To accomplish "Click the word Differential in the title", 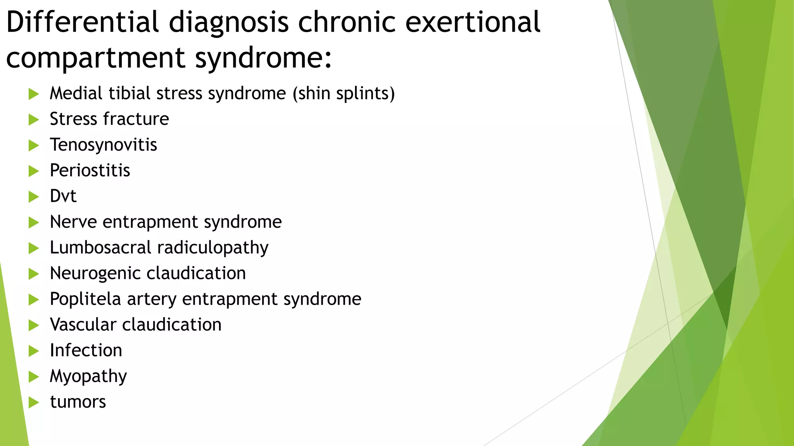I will click(x=83, y=22).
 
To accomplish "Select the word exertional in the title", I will click(x=472, y=22).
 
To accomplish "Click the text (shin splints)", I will click(x=343, y=94).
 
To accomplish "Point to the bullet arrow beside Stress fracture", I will click(x=34, y=120).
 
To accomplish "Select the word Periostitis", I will click(x=90, y=171).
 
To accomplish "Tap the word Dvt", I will click(x=63, y=196).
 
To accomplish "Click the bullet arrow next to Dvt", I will click(x=34, y=197).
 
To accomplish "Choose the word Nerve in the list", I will click(x=73, y=222).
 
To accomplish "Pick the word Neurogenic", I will click(x=95, y=273).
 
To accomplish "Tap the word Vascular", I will click(x=83, y=325).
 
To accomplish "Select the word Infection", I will click(x=86, y=350).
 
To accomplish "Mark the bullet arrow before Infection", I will click(x=34, y=351).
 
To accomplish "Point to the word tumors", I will click(x=78, y=402).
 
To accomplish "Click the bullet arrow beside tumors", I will click(x=34, y=402).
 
